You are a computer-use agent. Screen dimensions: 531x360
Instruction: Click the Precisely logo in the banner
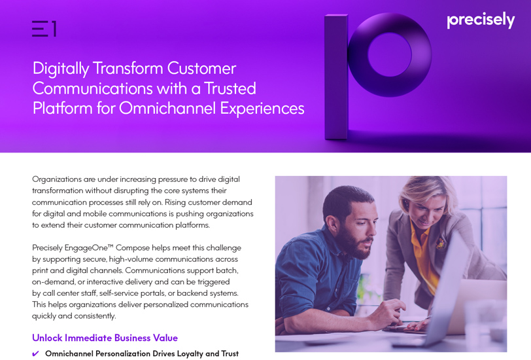481,20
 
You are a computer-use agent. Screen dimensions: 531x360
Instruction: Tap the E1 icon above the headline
44,29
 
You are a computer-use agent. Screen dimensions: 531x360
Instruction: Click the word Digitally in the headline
61,69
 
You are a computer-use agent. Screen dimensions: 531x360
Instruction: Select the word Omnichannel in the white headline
167,109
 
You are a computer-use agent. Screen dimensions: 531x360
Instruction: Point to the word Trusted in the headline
230,88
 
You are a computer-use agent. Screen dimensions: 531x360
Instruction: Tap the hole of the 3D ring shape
390,54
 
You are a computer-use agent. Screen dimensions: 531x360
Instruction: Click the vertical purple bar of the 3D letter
336,77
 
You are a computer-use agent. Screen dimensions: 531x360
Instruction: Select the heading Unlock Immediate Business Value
105,338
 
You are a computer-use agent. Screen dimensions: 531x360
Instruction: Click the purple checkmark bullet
35,354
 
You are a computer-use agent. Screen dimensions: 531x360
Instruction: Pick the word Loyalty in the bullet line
190,354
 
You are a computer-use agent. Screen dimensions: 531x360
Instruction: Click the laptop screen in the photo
448,288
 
